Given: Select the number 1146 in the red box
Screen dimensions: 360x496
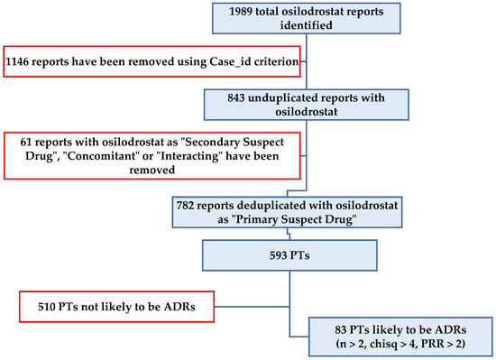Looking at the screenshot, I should [x=22, y=60].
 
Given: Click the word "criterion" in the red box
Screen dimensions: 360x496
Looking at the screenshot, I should [x=262, y=60].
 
